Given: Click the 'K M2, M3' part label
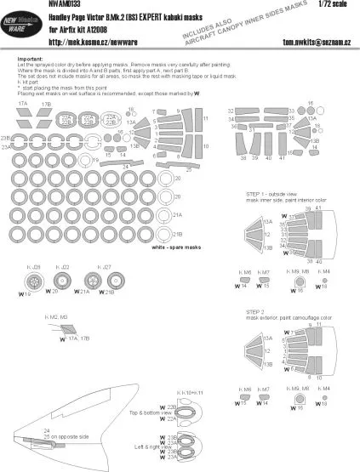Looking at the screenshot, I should (55, 316).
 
